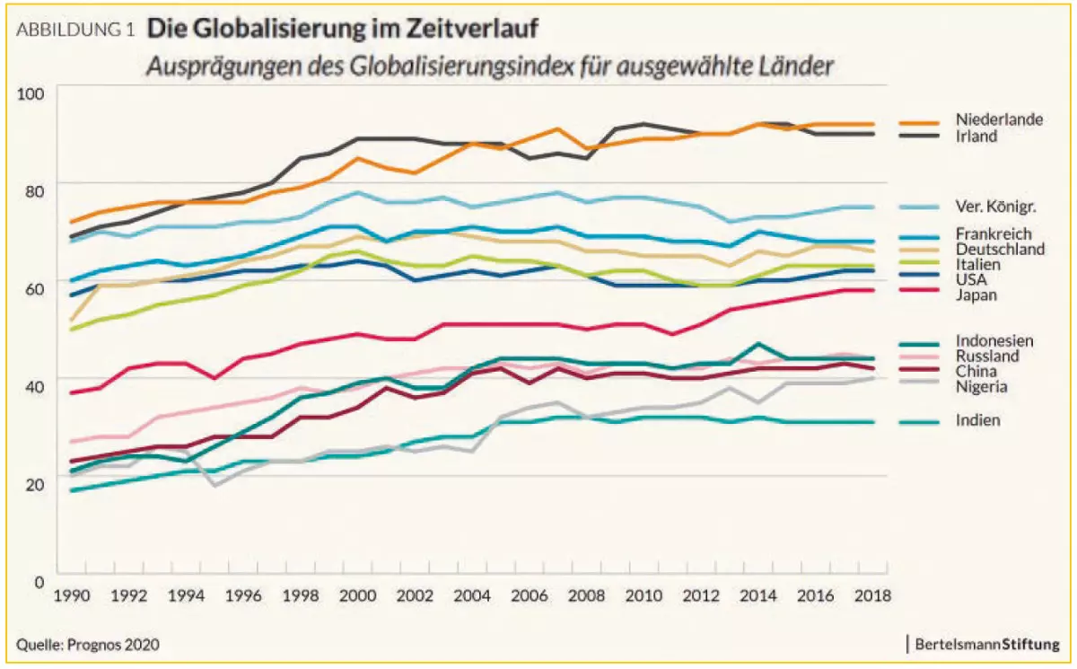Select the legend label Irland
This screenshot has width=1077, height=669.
976,136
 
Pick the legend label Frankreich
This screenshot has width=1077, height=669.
992,233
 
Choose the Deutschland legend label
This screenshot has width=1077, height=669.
1000,249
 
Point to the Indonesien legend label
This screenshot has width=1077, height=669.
994,340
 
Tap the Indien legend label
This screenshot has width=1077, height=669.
977,419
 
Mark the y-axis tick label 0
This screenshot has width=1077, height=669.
40,581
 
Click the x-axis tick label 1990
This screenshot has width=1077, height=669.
72,597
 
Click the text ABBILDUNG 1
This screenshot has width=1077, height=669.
75,29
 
